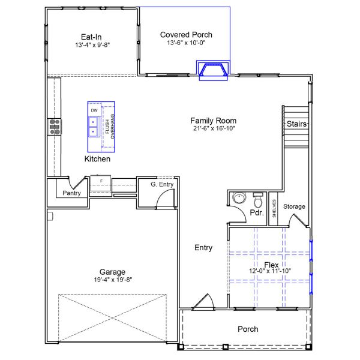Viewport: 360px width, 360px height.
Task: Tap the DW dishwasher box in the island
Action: pyautogui.click(x=94, y=111)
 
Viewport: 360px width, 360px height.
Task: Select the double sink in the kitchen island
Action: pyautogui.click(x=94, y=127)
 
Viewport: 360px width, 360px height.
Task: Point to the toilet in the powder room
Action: pyautogui.click(x=258, y=199)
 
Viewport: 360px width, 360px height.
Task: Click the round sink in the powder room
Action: pyautogui.click(x=238, y=199)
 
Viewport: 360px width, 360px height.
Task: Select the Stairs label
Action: pyautogui.click(x=296, y=124)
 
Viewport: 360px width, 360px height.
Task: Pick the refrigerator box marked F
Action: pyautogui.click(x=101, y=181)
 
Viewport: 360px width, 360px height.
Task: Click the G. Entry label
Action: pyautogui.click(x=161, y=185)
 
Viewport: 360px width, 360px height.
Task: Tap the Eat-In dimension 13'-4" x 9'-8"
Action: pyautogui.click(x=93, y=45)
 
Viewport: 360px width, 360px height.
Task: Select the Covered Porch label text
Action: pyautogui.click(x=186, y=35)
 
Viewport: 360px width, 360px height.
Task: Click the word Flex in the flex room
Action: pyautogui.click(x=271, y=265)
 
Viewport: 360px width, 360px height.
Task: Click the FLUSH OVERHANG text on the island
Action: pyautogui.click(x=109, y=127)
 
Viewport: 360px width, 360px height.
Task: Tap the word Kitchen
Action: pyautogui.click(x=97, y=159)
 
